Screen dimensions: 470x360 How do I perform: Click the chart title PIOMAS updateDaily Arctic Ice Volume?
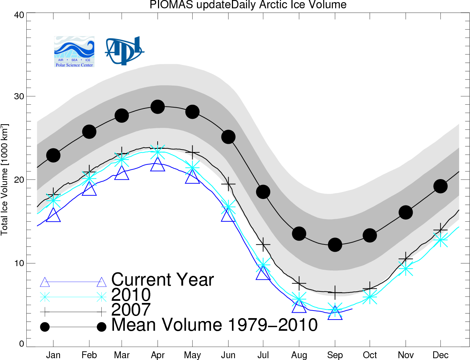(x=248, y=4)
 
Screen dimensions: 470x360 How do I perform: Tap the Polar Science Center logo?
(x=74, y=52)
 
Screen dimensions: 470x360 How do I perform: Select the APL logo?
(x=124, y=51)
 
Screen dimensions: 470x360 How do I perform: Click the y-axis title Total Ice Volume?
(x=4, y=179)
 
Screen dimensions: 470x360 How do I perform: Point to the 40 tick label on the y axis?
(x=19, y=15)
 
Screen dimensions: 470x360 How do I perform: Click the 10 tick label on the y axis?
(x=19, y=263)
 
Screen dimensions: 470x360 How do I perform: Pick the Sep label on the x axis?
(x=335, y=355)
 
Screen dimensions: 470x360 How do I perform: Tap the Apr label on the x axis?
(x=158, y=355)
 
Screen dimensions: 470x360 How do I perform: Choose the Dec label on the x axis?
(x=440, y=355)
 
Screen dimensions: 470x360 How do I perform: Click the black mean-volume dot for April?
(x=158, y=107)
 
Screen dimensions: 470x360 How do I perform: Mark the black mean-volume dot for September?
(x=335, y=244)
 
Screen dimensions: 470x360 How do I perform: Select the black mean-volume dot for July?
(x=263, y=192)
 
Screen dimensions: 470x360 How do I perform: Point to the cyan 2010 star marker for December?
(x=440, y=239)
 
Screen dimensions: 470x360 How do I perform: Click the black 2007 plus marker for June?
(x=228, y=184)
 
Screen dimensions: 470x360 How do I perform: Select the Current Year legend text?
(x=163, y=279)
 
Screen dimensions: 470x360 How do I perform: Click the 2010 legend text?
(x=131, y=295)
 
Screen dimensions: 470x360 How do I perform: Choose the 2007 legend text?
(x=131, y=309)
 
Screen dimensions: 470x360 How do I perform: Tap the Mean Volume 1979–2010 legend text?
(x=214, y=325)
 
